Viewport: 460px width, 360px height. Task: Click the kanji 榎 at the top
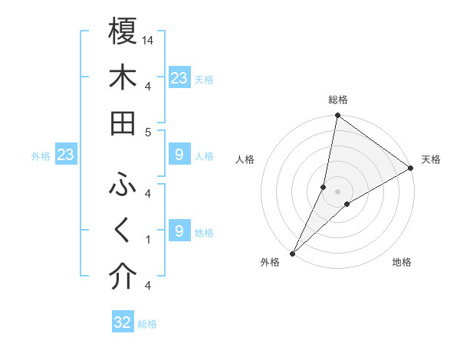click(x=123, y=31)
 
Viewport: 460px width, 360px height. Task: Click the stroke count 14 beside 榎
click(x=149, y=39)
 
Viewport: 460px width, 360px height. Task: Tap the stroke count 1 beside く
click(x=147, y=240)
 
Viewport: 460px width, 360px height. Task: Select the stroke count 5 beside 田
click(x=147, y=132)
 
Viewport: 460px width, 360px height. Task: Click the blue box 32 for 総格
click(x=123, y=322)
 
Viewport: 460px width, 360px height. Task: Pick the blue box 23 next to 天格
click(x=179, y=77)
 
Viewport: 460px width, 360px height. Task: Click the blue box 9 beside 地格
click(x=179, y=231)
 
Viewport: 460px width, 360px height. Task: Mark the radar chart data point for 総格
click(x=337, y=116)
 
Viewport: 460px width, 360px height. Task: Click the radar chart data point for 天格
click(x=411, y=169)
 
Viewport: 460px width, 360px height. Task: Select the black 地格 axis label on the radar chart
click(x=402, y=262)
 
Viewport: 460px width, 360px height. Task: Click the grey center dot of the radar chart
click(x=337, y=191)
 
